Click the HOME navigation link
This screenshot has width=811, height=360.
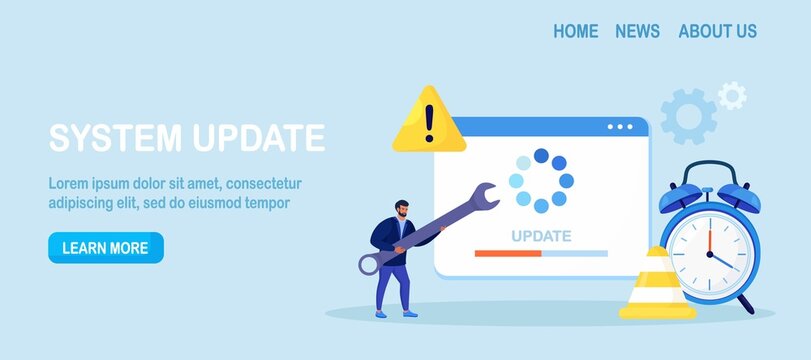[575, 31]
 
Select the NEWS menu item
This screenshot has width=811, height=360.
[637, 31]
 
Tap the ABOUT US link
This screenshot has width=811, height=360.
[717, 31]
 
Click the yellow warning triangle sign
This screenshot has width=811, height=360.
[428, 121]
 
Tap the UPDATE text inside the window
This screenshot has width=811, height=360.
[541, 236]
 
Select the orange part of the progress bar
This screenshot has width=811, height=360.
[508, 254]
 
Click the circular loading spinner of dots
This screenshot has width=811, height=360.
[541, 180]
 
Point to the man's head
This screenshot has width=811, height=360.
[401, 209]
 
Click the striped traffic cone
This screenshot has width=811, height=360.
[657, 285]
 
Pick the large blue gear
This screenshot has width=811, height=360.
[688, 116]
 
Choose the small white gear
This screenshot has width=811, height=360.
[732, 96]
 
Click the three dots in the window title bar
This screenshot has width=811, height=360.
[620, 127]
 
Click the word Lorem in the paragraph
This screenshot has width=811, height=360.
[69, 184]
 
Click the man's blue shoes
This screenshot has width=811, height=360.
[394, 313]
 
